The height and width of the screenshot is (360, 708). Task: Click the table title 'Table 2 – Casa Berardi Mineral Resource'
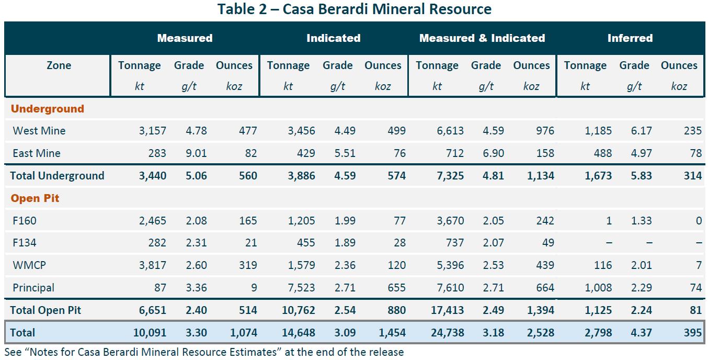pyautogui.click(x=355, y=9)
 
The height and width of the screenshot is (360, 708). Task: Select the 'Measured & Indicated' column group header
pyautogui.click(x=482, y=38)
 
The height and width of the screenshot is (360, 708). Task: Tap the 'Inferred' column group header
pyautogui.click(x=630, y=38)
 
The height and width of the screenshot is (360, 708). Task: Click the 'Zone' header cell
pyautogui.click(x=59, y=65)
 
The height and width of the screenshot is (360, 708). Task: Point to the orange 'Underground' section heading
pyautogui.click(x=48, y=108)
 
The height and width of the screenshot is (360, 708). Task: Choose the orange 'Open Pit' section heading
pyautogui.click(x=35, y=198)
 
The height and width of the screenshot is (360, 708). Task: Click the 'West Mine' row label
pyautogui.click(x=39, y=131)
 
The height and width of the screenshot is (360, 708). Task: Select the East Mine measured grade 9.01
pyautogui.click(x=196, y=153)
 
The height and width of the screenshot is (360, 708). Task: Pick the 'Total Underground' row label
pyautogui.click(x=57, y=176)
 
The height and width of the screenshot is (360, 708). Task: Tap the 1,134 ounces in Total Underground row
pyautogui.click(x=541, y=176)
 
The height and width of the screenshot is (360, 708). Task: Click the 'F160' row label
pyautogui.click(x=25, y=220)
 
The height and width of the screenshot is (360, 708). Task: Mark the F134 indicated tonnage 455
pyautogui.click(x=306, y=243)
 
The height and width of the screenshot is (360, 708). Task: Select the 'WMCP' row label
pyautogui.click(x=29, y=265)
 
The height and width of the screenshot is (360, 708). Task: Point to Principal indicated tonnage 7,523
pyautogui.click(x=301, y=288)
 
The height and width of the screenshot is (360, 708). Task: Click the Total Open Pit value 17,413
pyautogui.click(x=447, y=310)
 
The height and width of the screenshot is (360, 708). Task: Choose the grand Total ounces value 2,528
pyautogui.click(x=541, y=332)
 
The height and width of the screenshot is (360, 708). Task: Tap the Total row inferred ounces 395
pyautogui.click(x=693, y=332)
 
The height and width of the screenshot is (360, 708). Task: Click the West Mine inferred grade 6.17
pyautogui.click(x=641, y=131)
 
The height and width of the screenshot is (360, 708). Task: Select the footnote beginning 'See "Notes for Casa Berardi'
pyautogui.click(x=204, y=352)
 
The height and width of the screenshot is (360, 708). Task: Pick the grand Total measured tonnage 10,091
pyautogui.click(x=150, y=332)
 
